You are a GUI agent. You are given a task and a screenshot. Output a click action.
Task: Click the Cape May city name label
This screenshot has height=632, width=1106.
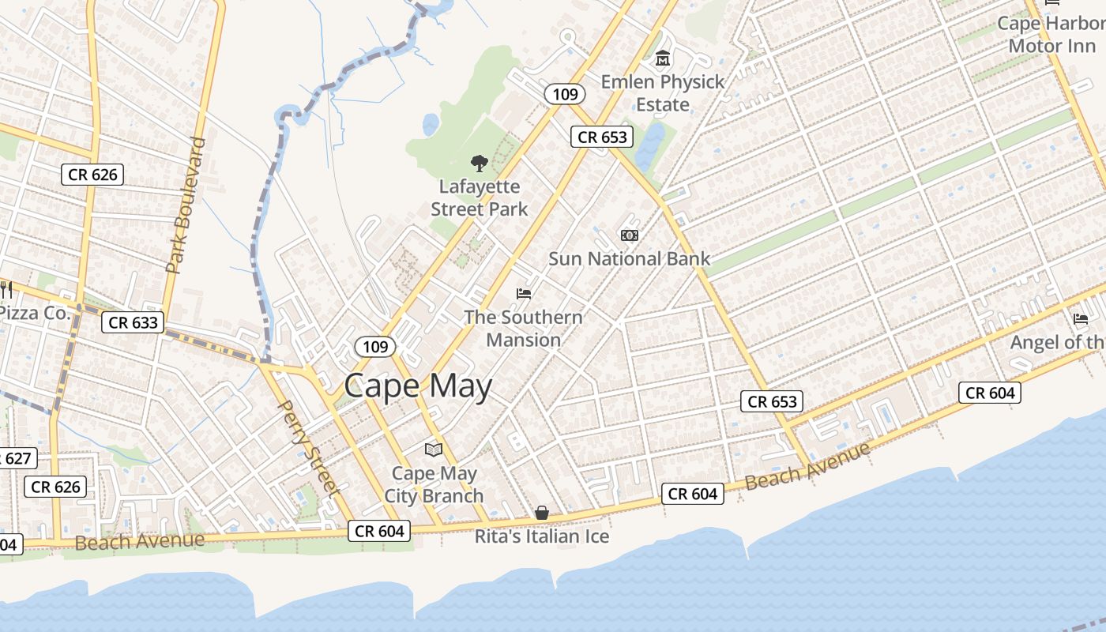pos(418,386)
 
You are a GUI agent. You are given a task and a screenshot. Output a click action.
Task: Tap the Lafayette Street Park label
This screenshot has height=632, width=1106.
pos(480,198)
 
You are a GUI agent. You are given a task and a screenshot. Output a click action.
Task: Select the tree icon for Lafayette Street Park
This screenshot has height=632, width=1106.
pos(479,164)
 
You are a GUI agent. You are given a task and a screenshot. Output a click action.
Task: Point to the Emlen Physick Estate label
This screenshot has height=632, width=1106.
pos(662,93)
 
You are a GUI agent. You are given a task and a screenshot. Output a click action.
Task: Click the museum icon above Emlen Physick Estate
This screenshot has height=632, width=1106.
pos(662,58)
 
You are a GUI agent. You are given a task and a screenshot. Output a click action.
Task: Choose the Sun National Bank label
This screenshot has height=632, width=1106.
pos(629,259)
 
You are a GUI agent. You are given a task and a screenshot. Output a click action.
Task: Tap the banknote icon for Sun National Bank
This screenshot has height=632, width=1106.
pos(630,235)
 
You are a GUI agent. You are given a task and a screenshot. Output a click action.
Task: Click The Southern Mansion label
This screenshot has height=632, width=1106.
pos(523,329)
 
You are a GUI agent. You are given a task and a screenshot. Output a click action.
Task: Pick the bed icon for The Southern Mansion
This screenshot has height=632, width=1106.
pos(524,294)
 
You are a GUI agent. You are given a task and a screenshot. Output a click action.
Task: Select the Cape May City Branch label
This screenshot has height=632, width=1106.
pos(434,485)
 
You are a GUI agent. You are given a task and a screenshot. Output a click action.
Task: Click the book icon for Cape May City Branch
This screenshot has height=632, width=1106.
pos(433,450)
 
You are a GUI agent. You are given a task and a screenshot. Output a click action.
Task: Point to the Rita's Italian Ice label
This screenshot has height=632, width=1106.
pos(542,537)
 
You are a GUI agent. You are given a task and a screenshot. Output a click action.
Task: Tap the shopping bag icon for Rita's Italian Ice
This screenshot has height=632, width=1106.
pos(542,513)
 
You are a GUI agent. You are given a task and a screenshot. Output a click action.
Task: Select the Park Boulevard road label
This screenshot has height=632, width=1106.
pos(186,205)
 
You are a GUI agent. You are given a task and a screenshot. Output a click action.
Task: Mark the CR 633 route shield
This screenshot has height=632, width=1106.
pos(134,322)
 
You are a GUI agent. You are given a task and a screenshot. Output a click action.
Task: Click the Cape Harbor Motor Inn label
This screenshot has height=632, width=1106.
pos(1051,35)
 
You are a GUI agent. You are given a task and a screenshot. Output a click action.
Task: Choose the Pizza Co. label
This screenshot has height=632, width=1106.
pos(35,313)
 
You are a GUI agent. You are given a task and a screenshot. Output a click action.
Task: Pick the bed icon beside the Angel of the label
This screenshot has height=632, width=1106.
pos(1081,319)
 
